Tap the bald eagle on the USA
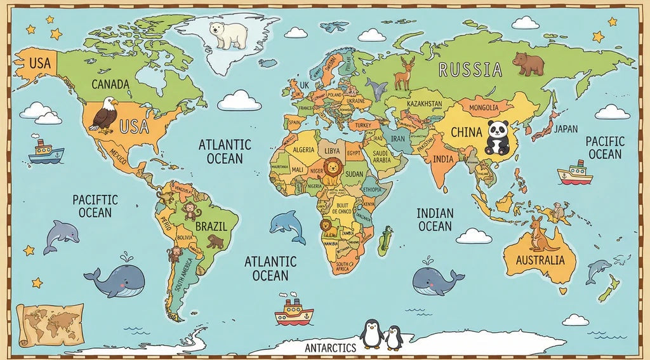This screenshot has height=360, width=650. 103,115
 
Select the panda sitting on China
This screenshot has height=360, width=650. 498,138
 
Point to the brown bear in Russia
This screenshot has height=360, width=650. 528,63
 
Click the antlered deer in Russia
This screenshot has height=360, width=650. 404,73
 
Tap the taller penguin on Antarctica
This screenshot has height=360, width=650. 371,333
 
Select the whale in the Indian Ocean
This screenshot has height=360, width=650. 437,279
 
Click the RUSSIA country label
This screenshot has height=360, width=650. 470,69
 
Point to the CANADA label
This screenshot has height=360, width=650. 110,84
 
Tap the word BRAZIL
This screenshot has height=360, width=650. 211,227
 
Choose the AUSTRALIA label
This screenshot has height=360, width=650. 540,260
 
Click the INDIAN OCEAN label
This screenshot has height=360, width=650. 435,220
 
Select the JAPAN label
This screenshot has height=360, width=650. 565,129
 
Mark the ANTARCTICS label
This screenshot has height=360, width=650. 330,348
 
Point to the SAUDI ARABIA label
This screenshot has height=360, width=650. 382,156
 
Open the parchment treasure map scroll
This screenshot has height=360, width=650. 50,324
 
